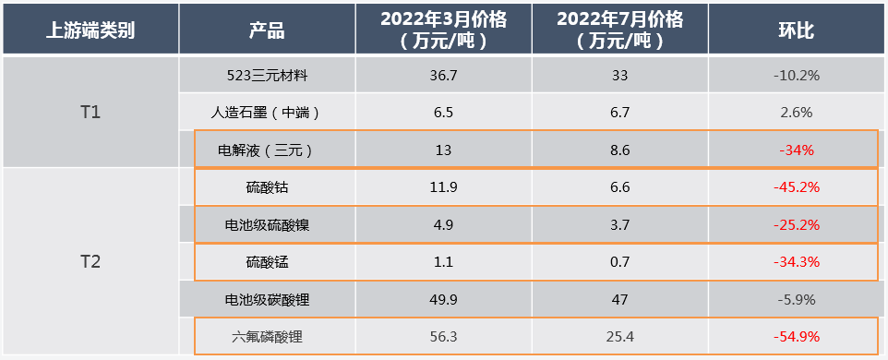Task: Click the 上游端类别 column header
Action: click(x=90, y=30)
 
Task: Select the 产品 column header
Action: click(x=267, y=30)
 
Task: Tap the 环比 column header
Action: click(x=796, y=30)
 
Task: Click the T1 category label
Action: click(x=90, y=113)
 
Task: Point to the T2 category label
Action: click(x=90, y=262)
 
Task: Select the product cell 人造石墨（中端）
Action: click(x=267, y=113)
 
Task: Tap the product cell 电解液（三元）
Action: click(x=267, y=150)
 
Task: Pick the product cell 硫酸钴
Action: click(x=267, y=187)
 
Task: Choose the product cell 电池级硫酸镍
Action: click(x=267, y=224)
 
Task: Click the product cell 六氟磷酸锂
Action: click(x=267, y=337)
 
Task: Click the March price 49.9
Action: click(x=444, y=299)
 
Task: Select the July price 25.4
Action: click(x=619, y=337)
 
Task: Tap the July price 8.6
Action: click(x=619, y=150)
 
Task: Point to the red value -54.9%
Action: click(x=796, y=337)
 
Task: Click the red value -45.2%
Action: click(x=796, y=187)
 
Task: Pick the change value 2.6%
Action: click(x=796, y=113)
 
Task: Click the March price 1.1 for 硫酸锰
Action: click(x=444, y=262)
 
